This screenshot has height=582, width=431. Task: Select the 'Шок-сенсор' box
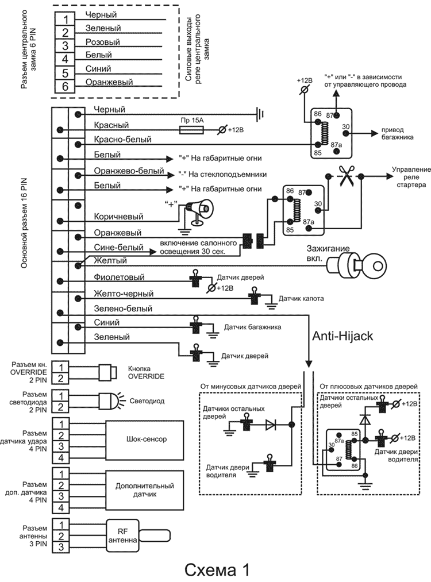pyautogui.click(x=145, y=439)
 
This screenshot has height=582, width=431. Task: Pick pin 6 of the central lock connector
pyautogui.click(x=64, y=86)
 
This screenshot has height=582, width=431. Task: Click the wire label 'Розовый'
pyautogui.click(x=102, y=42)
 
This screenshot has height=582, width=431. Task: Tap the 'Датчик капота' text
pyautogui.click(x=301, y=299)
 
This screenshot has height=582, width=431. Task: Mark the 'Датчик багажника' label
pyautogui.click(x=252, y=327)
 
